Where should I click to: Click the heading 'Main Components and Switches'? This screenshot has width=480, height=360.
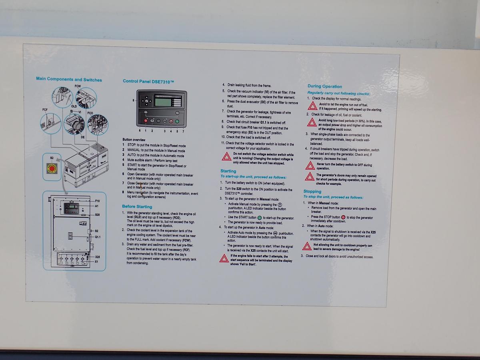point(69,79)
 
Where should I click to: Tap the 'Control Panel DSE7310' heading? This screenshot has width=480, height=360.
point(148,81)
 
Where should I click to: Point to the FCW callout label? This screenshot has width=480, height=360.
point(77,86)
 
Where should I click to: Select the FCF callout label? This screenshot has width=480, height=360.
point(45,109)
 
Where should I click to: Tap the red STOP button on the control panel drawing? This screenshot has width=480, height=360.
point(146,121)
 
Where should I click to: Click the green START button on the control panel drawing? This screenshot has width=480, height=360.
point(177,121)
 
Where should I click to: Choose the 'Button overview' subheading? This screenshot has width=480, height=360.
point(134,140)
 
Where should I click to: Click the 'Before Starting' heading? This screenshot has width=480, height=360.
point(137,206)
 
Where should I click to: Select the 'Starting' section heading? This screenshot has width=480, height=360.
point(228,171)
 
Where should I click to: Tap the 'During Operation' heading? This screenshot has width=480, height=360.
point(324,86)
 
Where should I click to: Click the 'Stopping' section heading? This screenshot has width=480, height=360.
point(312,192)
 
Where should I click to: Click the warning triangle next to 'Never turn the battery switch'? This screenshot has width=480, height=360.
point(310,166)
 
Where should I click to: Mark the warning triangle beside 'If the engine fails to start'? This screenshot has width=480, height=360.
point(224,258)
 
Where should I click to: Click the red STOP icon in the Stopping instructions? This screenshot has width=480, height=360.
point(343,217)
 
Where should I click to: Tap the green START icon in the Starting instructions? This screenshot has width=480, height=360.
point(260,217)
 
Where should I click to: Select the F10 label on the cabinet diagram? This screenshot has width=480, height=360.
point(98,200)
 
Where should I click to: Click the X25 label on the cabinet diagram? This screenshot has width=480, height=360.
point(98,256)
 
